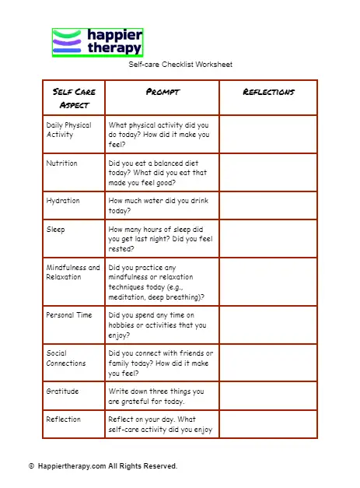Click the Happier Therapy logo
click(97, 42)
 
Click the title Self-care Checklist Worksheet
click(180, 65)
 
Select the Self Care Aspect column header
click(74, 98)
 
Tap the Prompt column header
click(163, 92)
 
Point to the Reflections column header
click(268, 92)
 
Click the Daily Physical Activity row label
click(68, 130)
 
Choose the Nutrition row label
click(61, 163)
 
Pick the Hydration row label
click(63, 201)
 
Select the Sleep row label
click(56, 230)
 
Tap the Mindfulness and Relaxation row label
click(73, 272)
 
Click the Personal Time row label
click(69, 315)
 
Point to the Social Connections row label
click(66, 358)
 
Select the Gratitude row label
click(63, 391)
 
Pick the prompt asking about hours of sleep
click(160, 239)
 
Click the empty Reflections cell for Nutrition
click(268, 173)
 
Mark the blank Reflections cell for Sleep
click(268, 239)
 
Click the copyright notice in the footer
click(103, 466)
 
